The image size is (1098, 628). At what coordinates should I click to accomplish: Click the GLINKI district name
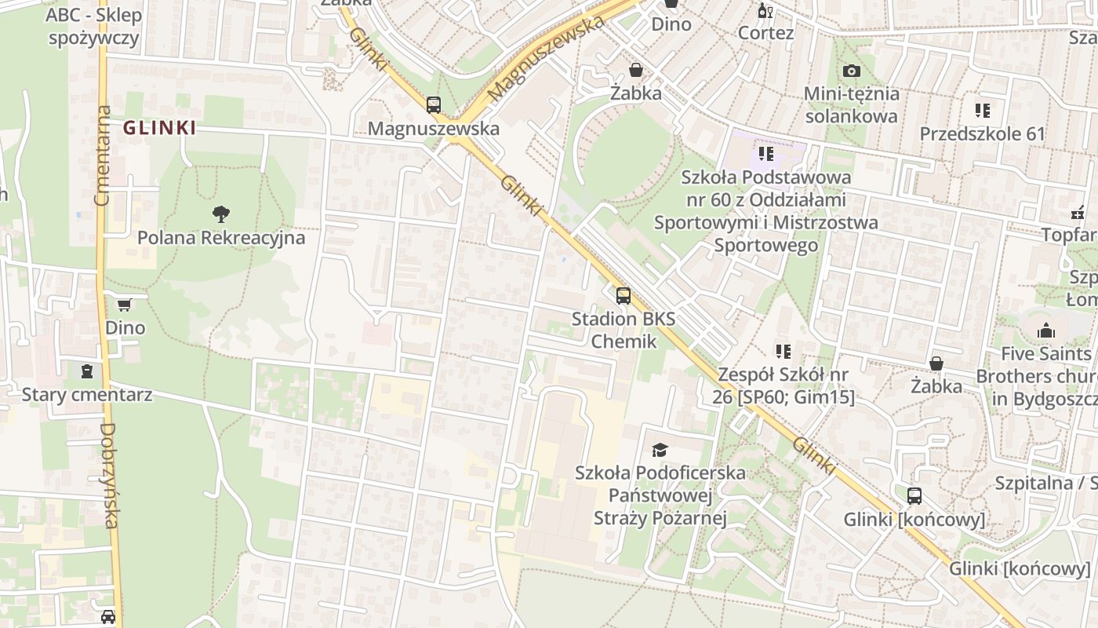159,128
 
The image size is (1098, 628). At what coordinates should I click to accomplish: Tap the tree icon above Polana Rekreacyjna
221,213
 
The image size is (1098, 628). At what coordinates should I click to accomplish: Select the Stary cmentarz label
87,394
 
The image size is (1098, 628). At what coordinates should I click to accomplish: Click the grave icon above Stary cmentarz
87,371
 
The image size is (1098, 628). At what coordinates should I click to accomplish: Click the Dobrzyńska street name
110,475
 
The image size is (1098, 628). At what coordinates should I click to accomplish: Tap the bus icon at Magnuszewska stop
434,104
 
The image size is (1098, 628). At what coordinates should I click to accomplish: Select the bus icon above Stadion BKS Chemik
624,296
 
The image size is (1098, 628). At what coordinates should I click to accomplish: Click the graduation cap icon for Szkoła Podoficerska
660,450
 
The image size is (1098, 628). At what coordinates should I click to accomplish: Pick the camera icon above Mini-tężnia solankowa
851,71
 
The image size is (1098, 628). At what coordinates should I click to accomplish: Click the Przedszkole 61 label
983,133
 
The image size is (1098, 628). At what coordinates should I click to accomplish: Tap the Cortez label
765,33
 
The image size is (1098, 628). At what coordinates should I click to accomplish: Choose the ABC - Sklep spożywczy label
93,26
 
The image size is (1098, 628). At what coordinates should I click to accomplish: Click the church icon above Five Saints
1045,331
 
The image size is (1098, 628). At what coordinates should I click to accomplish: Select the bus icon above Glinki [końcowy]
914,496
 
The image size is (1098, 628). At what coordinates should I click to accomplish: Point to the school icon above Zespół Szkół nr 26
783,351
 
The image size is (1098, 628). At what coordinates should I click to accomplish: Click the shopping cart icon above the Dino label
125,304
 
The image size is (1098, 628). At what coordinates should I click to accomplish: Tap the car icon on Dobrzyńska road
108,617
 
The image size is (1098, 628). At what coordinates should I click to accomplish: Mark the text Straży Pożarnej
660,518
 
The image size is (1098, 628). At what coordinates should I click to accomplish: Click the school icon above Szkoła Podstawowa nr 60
765,153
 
